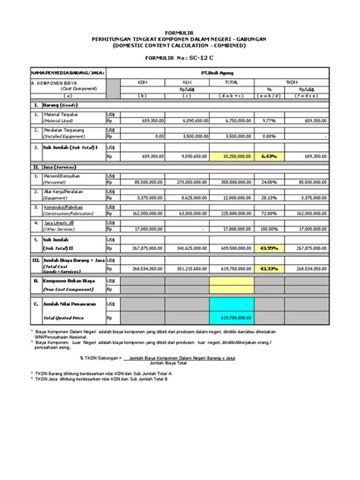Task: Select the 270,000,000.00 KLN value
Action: [182, 182]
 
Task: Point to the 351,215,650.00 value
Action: [182, 268]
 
